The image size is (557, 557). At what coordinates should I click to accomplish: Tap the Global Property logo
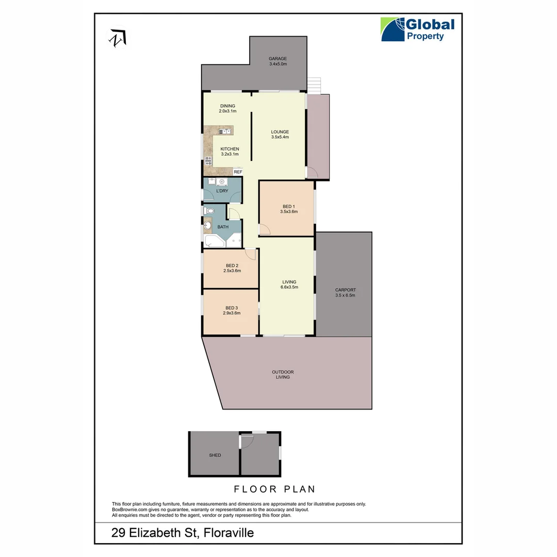417,29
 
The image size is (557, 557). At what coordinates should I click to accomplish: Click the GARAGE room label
277,59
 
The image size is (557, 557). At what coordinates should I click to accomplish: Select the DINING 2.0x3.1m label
227,108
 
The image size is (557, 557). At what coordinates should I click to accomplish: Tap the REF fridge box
238,172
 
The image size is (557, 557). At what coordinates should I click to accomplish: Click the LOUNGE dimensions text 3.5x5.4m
280,137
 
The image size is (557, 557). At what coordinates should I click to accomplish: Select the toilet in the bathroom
209,210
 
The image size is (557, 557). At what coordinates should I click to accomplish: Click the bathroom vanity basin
207,225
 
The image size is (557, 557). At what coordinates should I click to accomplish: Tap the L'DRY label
222,191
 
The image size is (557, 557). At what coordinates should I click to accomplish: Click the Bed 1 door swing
264,230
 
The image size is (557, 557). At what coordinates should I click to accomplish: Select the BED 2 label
232,266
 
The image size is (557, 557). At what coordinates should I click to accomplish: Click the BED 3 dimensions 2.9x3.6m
232,313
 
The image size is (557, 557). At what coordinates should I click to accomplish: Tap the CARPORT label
345,290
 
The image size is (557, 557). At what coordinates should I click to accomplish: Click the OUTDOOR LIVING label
283,374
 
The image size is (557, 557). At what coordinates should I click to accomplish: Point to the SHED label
215,455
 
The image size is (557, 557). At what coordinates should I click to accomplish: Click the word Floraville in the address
228,533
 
